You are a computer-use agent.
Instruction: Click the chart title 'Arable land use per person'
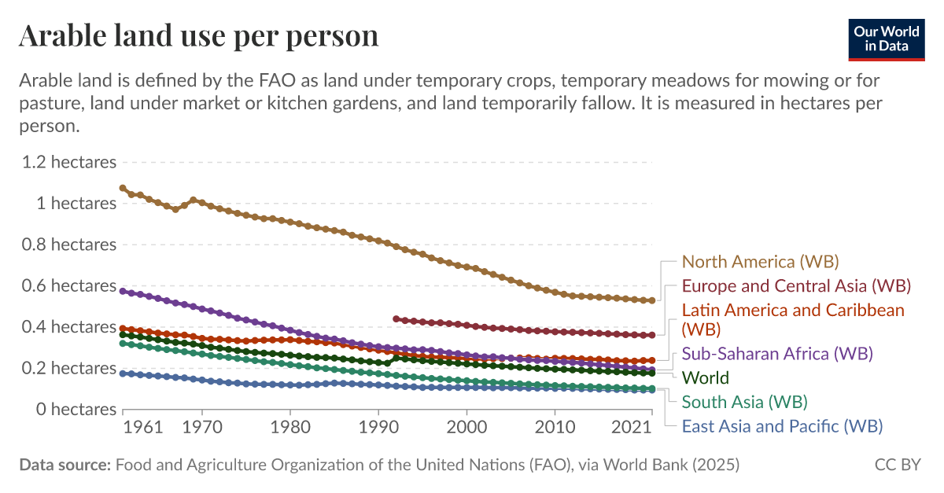(198, 36)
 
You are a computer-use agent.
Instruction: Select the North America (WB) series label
(760, 261)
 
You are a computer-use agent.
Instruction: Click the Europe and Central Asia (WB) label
(796, 285)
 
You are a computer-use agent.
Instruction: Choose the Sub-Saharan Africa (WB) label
(777, 353)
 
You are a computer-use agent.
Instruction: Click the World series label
(705, 377)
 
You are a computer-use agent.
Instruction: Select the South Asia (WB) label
(744, 402)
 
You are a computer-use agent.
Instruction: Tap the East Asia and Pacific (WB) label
(782, 426)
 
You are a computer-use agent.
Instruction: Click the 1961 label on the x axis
(143, 428)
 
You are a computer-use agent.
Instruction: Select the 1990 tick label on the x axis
(378, 428)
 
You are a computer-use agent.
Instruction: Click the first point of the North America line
(123, 188)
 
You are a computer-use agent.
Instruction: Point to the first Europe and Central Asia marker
(396, 318)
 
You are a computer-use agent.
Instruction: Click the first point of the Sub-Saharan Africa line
(123, 291)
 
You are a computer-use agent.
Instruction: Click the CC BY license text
(898, 465)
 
